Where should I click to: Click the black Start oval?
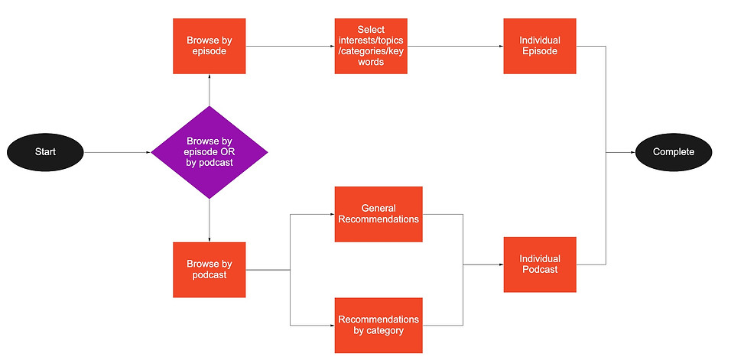[45, 152]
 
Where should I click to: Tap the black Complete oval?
[673, 152]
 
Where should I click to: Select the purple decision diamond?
[210, 152]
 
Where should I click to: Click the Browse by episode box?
[210, 46]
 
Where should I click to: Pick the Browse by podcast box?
[210, 270]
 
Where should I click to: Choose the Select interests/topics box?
[371, 46]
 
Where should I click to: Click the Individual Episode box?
[540, 46]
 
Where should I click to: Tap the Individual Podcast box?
[540, 264]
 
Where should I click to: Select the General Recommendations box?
[378, 214]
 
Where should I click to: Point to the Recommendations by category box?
[378, 325]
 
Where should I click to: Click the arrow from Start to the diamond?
[118, 152]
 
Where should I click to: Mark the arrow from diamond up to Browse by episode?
[210, 90]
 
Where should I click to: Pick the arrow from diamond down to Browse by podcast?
[210, 220]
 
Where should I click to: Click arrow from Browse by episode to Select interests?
[290, 46]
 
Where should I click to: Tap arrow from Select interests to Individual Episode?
[456, 46]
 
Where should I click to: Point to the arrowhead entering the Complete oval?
[632, 152]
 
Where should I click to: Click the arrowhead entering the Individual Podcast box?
[501, 264]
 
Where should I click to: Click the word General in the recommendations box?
[378, 208]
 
